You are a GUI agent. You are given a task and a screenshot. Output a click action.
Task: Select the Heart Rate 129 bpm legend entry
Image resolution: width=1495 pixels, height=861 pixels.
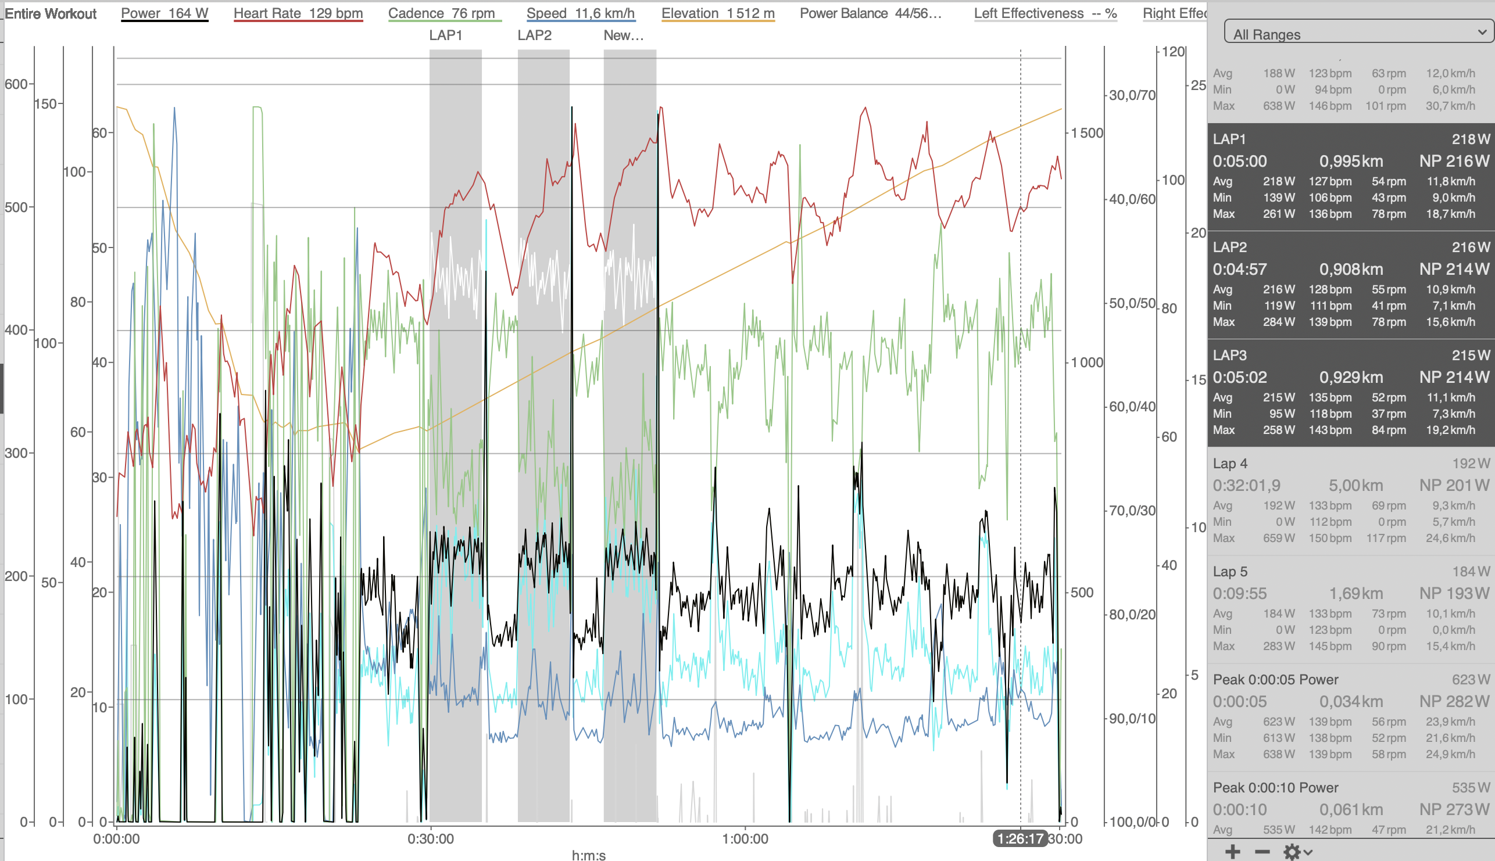[298, 13]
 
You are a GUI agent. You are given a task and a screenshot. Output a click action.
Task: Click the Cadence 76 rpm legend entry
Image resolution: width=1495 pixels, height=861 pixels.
[441, 13]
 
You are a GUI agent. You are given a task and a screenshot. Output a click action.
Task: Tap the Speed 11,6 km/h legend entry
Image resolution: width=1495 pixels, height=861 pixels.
[580, 13]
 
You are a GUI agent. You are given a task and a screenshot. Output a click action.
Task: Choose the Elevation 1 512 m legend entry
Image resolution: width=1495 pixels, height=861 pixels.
[718, 13]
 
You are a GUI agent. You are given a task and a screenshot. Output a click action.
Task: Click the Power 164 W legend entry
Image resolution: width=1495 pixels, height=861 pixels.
[164, 13]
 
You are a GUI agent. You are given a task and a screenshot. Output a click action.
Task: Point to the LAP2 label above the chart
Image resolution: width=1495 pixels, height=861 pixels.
[534, 35]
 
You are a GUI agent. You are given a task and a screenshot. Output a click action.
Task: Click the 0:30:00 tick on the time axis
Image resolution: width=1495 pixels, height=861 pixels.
[431, 838]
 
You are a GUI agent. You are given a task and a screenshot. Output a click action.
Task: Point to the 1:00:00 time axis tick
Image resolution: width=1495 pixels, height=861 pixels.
[745, 838]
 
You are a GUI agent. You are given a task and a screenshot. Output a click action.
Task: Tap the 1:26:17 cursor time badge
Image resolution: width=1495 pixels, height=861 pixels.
[1020, 838]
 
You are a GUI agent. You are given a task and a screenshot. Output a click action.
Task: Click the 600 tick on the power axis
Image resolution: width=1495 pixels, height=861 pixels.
[16, 84]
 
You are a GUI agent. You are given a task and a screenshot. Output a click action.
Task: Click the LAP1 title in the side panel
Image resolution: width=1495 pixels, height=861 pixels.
[1229, 139]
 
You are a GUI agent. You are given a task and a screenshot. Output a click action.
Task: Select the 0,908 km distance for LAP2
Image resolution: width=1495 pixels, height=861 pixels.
[1351, 269]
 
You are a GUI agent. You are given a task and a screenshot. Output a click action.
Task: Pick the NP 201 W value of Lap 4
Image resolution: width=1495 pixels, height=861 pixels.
[1454, 486]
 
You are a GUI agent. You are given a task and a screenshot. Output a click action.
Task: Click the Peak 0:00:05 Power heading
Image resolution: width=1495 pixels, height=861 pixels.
[1275, 680]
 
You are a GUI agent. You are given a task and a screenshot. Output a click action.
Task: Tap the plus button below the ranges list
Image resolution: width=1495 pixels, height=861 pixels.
[1233, 852]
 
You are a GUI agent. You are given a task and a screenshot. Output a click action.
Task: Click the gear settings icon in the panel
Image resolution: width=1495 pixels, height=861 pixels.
[1292, 852]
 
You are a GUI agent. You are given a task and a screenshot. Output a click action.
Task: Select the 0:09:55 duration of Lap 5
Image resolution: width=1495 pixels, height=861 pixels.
[1239, 594]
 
